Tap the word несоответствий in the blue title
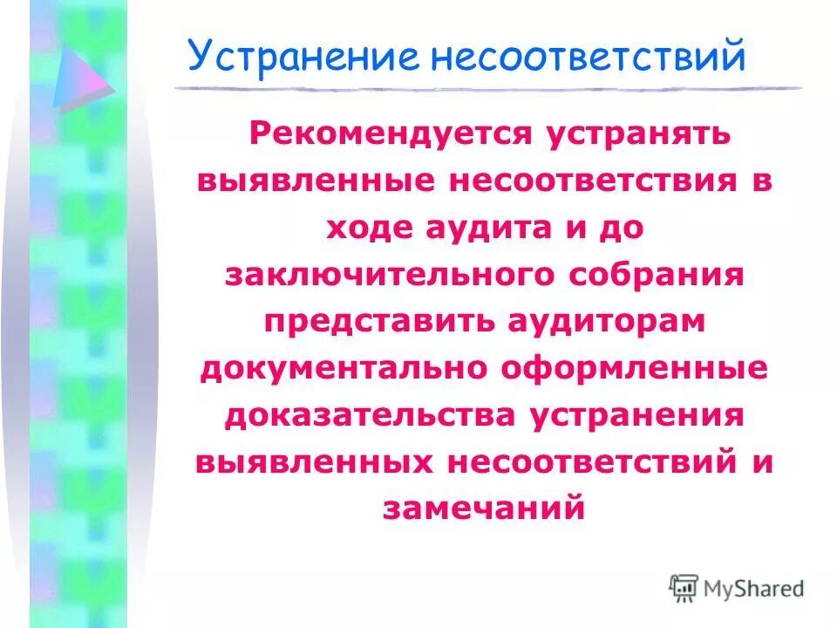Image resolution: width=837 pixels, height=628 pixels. [x=587, y=57]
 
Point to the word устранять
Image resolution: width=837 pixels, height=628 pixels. [x=643, y=134]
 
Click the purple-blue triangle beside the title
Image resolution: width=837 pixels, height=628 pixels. [x=80, y=78]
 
